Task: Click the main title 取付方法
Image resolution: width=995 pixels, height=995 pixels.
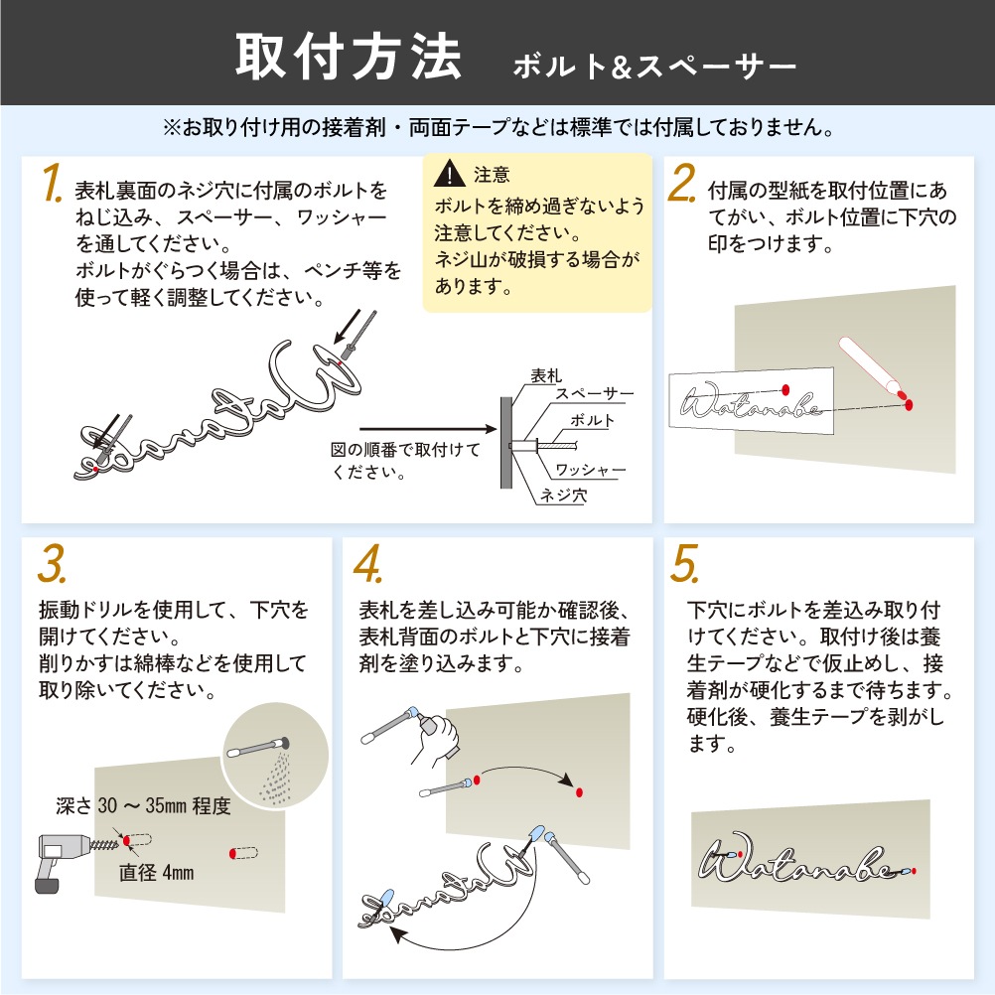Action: click(349, 58)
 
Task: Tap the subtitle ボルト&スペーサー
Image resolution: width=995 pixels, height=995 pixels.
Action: click(654, 67)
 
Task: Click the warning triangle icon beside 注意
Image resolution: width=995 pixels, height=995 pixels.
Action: click(449, 174)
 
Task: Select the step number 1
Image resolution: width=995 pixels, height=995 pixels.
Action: click(53, 182)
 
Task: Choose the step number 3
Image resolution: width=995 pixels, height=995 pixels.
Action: click(52, 563)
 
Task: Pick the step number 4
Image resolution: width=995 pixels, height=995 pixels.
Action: click(368, 563)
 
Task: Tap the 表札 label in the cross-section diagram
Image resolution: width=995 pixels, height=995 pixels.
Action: click(546, 375)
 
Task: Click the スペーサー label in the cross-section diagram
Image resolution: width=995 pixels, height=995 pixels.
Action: click(595, 393)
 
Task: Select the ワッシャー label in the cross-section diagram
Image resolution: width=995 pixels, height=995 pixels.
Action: click(590, 470)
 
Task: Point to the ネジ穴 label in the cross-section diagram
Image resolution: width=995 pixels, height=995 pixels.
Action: click(563, 495)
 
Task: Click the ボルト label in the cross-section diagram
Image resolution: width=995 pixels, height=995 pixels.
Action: click(593, 420)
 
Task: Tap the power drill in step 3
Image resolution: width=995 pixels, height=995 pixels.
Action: click(70, 860)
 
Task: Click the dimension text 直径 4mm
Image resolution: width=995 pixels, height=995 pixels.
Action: click(156, 873)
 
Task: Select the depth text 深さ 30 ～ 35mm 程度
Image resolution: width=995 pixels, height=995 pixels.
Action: click(143, 806)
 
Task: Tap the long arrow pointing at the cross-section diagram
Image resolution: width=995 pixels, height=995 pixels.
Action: click(428, 430)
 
